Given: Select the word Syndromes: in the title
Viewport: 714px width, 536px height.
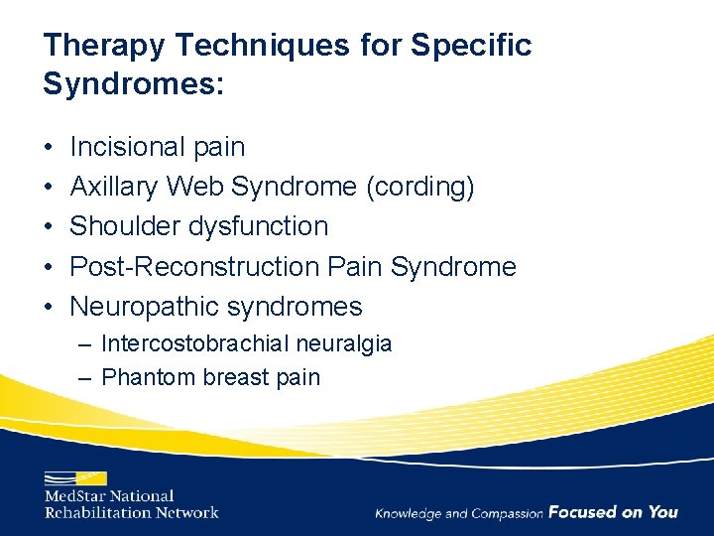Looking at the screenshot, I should pos(134,83).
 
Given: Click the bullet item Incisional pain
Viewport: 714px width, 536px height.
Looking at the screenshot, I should pos(158,147).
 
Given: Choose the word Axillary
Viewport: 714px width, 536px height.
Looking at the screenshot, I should pos(114,187).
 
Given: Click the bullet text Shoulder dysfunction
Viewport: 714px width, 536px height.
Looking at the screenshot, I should pos(198,226).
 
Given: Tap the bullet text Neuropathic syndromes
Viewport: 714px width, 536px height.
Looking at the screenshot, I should pos(216,307).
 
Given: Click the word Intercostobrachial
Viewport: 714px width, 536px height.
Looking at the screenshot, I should pos(194,344).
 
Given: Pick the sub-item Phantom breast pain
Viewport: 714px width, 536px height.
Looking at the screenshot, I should pos(210,377).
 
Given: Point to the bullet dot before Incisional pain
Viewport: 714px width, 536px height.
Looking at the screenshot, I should pos(49,148).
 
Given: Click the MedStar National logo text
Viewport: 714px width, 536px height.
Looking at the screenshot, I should pos(109,495).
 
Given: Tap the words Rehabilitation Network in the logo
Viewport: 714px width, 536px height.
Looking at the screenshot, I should pos(131,512).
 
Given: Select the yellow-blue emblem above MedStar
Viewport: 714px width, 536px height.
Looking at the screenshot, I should pos(75,476).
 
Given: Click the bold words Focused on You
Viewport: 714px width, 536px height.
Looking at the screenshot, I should pos(613,512).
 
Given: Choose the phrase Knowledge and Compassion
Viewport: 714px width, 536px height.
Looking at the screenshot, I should pos(458,513).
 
